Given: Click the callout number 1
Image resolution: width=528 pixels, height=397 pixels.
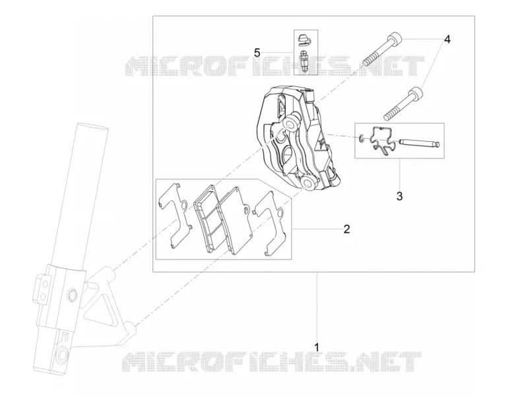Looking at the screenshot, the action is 316,346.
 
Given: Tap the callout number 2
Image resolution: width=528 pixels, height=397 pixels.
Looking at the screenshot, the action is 346,229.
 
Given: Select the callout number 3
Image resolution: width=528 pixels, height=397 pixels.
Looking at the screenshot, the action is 399,196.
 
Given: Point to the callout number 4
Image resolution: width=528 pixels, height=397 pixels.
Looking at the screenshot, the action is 447,40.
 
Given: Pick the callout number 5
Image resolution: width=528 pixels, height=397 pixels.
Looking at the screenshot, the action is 257,53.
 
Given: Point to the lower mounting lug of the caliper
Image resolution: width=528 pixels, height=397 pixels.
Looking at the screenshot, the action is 308,184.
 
